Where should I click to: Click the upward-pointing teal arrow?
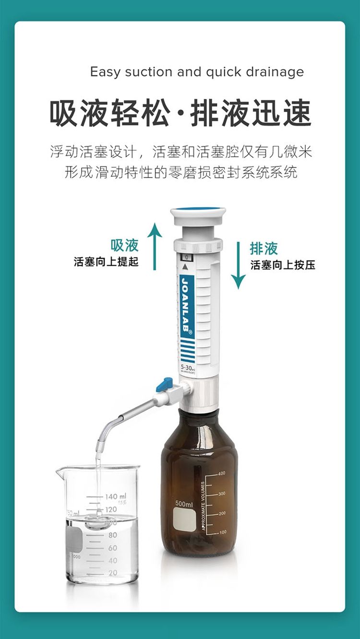pos(155,246)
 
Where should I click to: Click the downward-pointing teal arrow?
pos(238,265)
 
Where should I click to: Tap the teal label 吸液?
pos(125,245)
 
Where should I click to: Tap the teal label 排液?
pos(264,248)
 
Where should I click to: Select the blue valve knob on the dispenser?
pos(165,384)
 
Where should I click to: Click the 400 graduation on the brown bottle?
pos(222,473)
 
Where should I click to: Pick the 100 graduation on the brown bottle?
pos(223,532)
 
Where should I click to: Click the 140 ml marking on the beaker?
pos(115,497)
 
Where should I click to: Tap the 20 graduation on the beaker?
pos(113,573)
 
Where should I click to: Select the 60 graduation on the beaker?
pos(113,547)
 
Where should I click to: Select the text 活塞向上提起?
pos(106,262)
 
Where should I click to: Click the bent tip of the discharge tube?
pos(102,439)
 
